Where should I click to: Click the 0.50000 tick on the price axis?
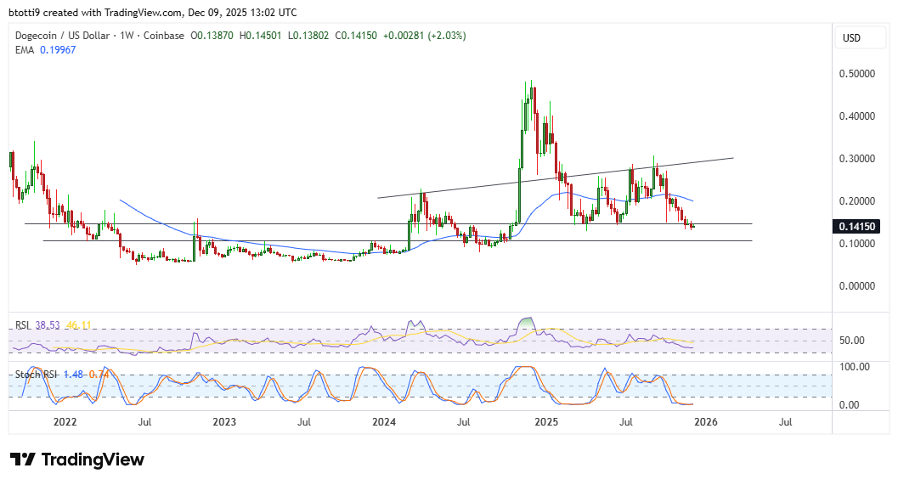(858, 74)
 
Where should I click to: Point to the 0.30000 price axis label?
(858, 159)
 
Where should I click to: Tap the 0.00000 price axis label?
(858, 286)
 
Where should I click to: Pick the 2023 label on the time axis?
(224, 421)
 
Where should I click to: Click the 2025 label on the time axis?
(545, 421)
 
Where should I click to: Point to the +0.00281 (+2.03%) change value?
(425, 36)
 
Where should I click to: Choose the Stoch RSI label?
(34, 374)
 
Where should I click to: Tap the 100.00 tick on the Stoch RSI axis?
(856, 366)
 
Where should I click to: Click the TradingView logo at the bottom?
(77, 460)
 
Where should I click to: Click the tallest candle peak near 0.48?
(532, 82)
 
